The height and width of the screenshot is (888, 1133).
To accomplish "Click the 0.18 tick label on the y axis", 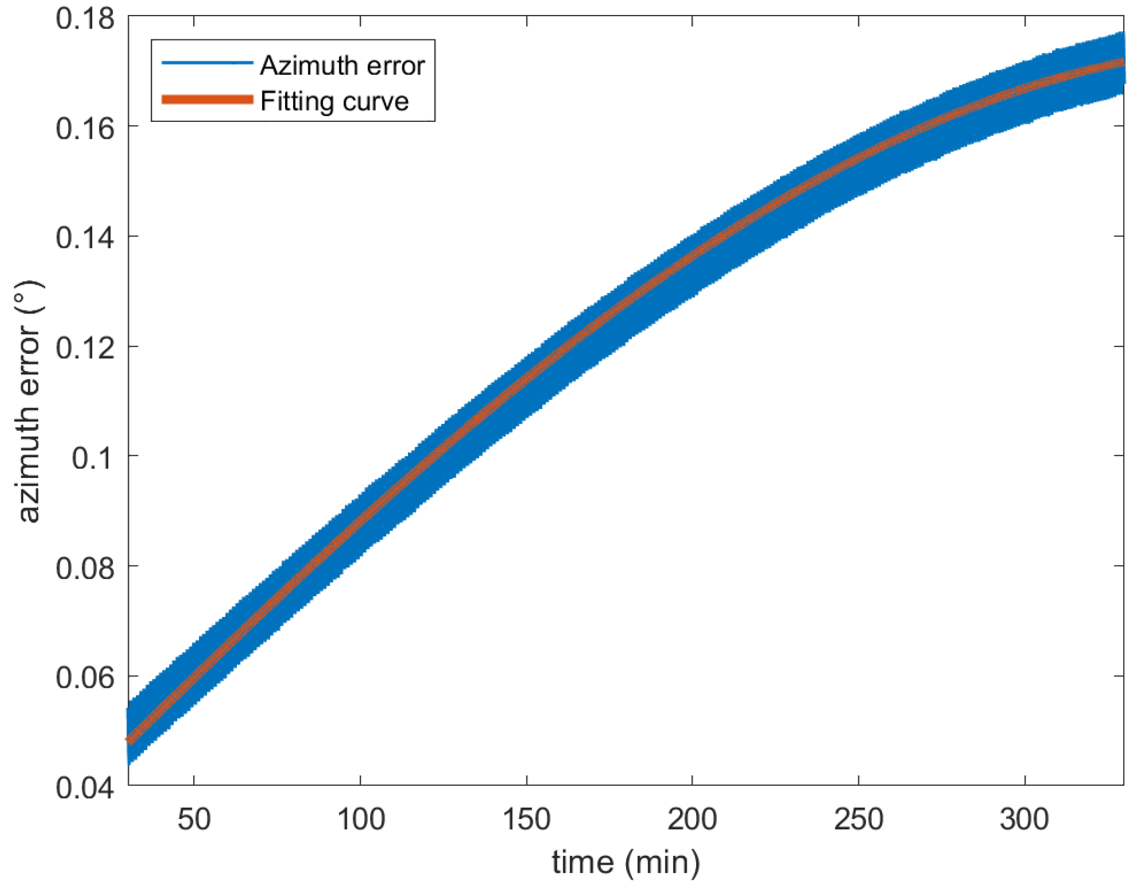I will click(x=84, y=19).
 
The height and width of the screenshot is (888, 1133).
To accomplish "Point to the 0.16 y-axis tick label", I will click(x=84, y=129).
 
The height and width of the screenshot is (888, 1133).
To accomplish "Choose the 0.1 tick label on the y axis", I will click(x=92, y=458).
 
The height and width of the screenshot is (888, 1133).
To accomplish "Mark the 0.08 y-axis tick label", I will click(x=84, y=568).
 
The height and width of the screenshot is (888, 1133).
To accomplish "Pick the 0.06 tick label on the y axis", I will click(x=84, y=678).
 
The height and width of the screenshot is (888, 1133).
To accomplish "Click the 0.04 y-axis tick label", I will click(x=84, y=787).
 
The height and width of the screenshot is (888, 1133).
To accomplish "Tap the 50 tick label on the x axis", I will click(x=194, y=820).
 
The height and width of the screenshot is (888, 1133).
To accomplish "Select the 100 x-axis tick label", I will click(x=361, y=820).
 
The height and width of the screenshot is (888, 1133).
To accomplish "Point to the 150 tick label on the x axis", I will click(x=527, y=820).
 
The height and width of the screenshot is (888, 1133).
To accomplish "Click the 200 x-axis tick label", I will click(x=692, y=820).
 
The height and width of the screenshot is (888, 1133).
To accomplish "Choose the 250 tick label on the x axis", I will click(x=859, y=820).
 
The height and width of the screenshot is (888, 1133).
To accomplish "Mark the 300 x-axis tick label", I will click(x=1024, y=820).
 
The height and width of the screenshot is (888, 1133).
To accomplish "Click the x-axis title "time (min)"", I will click(x=626, y=863).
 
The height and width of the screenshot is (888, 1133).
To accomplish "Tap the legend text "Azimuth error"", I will click(x=343, y=65).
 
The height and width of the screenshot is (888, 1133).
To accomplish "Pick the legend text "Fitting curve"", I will click(x=335, y=101).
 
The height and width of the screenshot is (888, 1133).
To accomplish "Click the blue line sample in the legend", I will click(x=207, y=63).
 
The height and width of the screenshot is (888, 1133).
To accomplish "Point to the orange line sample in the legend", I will click(x=207, y=100).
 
